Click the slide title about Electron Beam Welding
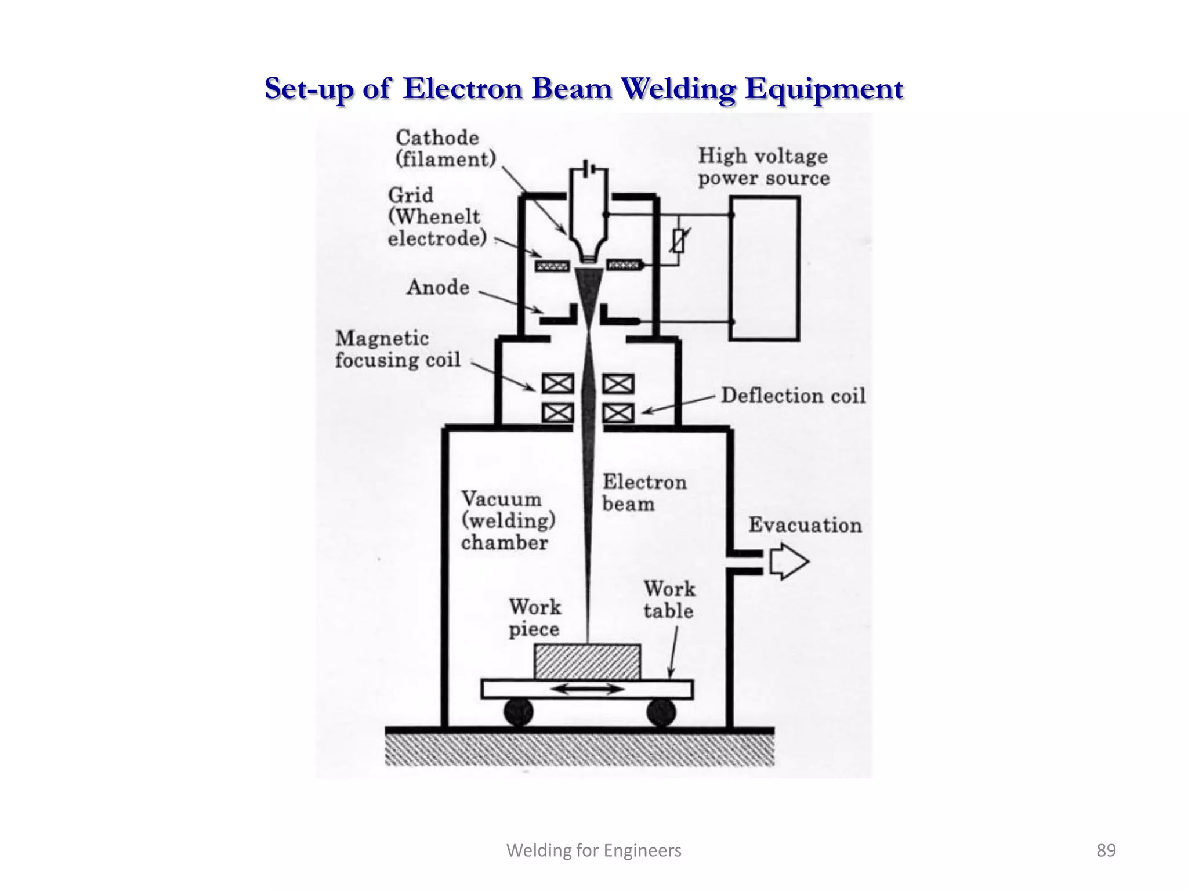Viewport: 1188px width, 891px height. (584, 89)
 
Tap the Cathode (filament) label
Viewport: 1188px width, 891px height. (445, 148)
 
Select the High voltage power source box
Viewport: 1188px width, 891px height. (764, 268)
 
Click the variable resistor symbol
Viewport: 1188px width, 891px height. (679, 240)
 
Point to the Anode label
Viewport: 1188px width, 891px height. (437, 287)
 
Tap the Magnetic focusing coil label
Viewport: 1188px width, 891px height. (397, 349)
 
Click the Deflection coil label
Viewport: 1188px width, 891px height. (792, 396)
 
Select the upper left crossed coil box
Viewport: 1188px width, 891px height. (557, 383)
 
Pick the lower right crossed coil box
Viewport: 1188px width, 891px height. (618, 413)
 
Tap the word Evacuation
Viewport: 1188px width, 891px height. (805, 525)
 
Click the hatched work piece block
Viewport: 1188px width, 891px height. (587, 662)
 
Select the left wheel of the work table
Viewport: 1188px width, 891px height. (518, 712)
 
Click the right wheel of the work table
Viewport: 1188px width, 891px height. (661, 712)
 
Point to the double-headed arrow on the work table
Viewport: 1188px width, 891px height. (587, 689)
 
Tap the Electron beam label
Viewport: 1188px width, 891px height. (643, 492)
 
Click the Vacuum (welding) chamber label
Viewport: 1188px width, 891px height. (507, 520)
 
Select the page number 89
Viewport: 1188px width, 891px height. (1106, 850)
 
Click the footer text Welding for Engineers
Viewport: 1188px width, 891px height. (593, 850)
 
